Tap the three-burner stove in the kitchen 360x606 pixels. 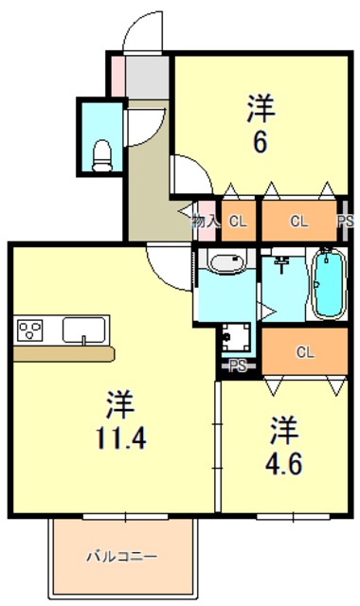30,330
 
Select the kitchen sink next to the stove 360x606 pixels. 85,330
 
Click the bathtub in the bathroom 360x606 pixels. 328,283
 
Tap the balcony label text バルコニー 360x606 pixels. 123,556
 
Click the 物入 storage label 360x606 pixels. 205,222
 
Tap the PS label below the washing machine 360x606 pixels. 237,365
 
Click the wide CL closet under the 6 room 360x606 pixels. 298,223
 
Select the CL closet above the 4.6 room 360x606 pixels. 304,352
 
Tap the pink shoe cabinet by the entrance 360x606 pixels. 117,75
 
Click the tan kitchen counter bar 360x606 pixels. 64,353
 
